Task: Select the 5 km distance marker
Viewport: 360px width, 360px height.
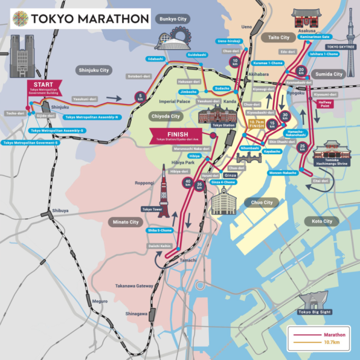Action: [140, 97]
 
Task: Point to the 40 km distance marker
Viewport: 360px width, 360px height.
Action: [187, 183]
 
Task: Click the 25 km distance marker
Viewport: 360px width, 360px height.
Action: [303, 147]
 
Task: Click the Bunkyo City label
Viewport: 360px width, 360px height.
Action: [172, 19]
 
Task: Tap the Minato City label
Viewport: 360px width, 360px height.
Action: [126, 222]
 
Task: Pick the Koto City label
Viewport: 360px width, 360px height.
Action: [322, 221]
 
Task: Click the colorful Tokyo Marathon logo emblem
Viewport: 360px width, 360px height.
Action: [19, 19]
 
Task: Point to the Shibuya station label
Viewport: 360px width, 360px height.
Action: [60, 211]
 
